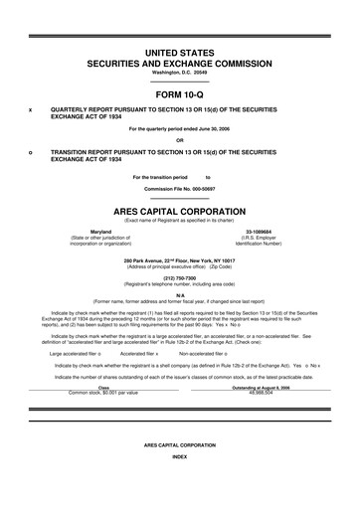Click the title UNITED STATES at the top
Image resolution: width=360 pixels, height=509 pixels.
point(179,50)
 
